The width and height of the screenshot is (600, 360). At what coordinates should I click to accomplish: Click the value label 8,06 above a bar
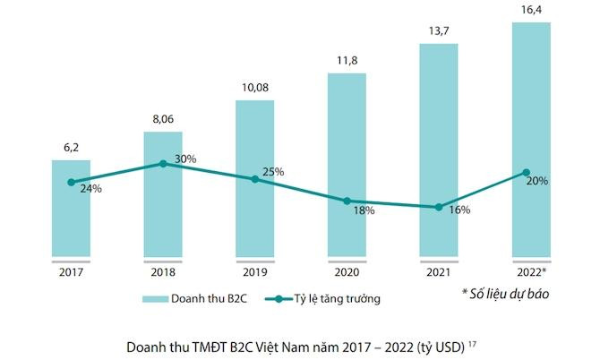coord(162,119)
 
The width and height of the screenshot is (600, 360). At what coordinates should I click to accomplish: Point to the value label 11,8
coord(346,60)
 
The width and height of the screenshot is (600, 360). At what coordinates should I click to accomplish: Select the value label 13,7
coord(438,31)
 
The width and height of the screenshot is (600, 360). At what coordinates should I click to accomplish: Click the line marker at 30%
coord(162,164)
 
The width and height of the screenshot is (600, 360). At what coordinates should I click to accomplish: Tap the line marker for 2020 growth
coord(346,201)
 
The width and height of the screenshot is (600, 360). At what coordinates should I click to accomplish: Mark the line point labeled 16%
coord(438,207)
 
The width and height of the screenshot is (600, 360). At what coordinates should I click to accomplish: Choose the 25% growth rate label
coord(273,171)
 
